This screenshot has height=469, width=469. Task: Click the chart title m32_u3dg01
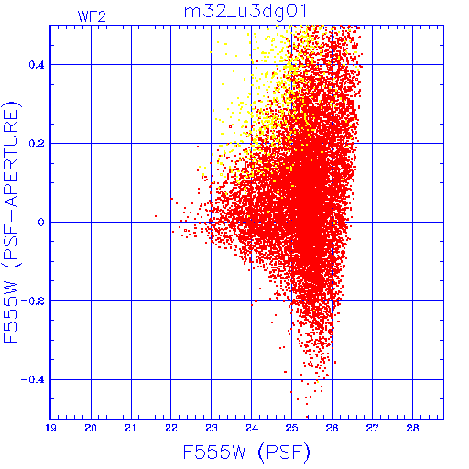point(245,12)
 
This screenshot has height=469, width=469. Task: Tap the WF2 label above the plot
point(92,16)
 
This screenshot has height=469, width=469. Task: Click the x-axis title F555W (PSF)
point(246,453)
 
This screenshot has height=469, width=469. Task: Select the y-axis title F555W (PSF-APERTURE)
point(11,222)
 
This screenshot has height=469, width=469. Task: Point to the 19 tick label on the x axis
point(50,428)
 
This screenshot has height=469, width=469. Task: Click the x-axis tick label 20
point(91,428)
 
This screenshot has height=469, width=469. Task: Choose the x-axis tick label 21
point(131,428)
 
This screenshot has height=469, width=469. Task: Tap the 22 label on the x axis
point(171,428)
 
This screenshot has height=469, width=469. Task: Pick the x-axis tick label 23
point(212,428)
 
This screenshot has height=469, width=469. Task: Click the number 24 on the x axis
point(252,428)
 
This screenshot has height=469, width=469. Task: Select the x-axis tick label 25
point(291,428)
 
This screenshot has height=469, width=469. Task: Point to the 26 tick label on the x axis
point(332,428)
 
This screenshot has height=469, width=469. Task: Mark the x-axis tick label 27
point(372,428)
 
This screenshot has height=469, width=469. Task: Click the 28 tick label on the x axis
point(412,428)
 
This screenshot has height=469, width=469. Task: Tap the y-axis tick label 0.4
point(37,65)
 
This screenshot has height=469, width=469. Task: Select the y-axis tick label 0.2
point(37,144)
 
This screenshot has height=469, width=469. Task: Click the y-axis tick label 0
point(41,223)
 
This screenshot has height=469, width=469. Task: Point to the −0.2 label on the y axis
point(32,301)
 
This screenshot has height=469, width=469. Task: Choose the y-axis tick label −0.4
point(32,380)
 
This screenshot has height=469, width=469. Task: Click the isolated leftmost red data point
point(156,216)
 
